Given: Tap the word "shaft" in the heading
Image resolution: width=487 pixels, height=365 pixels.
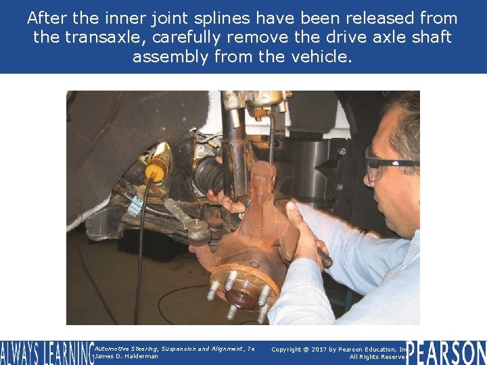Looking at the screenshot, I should [430, 37].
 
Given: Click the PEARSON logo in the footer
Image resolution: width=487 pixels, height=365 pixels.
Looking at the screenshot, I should [446, 353].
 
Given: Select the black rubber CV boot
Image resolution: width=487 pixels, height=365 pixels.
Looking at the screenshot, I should [209, 175].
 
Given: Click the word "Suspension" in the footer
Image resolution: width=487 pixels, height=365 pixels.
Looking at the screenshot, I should [169, 349].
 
